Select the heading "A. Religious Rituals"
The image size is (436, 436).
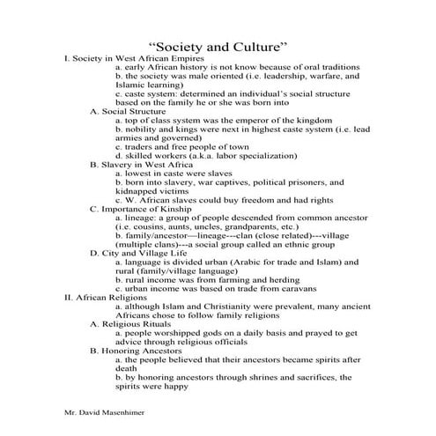[x=133, y=323]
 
